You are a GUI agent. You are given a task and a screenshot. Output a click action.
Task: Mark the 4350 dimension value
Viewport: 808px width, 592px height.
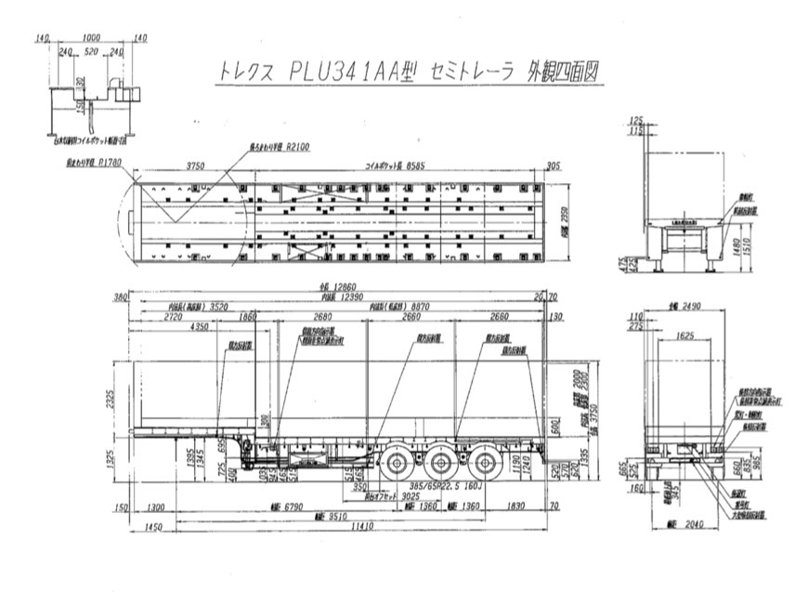pyautogui.click(x=200, y=326)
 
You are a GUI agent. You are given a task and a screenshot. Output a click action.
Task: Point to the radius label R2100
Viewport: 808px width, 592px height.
pyautogui.click(x=298, y=146)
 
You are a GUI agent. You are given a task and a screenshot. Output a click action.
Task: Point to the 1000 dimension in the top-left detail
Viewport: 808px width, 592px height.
pyautogui.click(x=90, y=38)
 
